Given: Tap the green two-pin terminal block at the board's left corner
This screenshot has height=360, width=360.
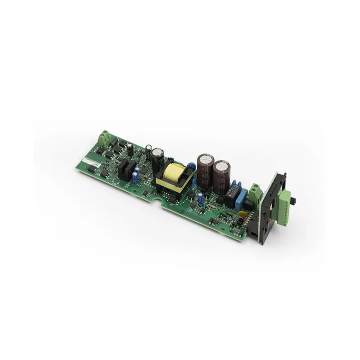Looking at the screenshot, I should pyautogui.click(x=104, y=139).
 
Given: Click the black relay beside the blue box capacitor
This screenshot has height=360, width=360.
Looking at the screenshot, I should pyautogui.click(x=234, y=193).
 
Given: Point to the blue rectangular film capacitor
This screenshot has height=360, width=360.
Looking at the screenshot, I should pyautogui.click(x=243, y=197).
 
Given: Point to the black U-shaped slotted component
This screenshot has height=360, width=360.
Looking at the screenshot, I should pyautogui.click(x=127, y=170).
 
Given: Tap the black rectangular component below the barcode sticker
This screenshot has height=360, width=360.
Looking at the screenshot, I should pyautogui.click(x=92, y=168).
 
